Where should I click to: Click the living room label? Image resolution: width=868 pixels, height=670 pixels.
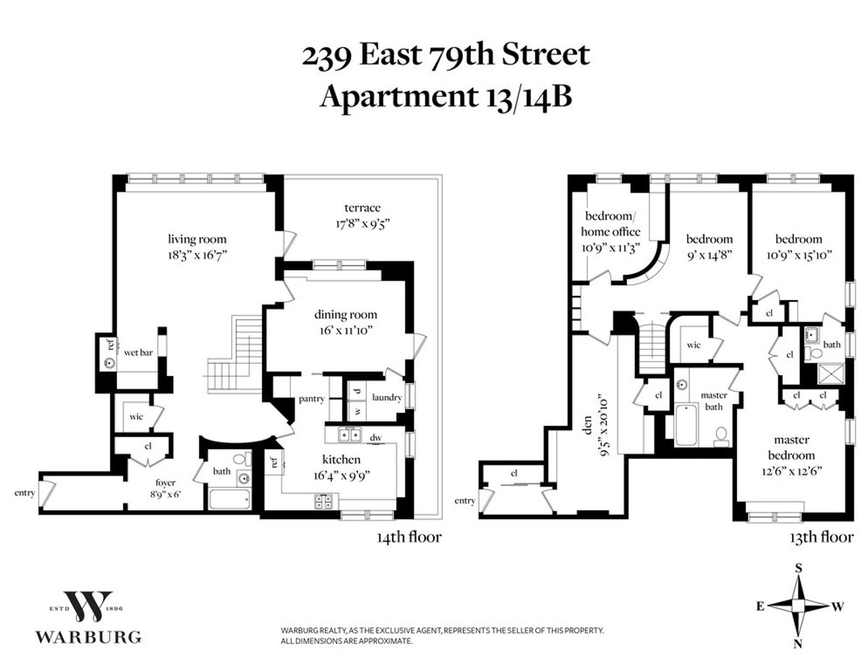point(197,239)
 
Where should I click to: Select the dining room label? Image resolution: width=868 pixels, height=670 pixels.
point(345,314)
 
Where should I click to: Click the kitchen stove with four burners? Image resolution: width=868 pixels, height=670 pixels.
point(322,501)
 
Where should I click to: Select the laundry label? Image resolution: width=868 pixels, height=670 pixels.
point(386,398)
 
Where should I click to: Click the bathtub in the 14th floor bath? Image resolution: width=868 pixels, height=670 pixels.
point(229,499)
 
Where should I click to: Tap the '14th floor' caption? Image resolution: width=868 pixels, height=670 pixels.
point(408,537)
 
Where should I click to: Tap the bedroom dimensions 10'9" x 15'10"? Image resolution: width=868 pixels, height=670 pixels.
point(799,254)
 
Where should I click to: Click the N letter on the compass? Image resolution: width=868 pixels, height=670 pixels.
point(799,644)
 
